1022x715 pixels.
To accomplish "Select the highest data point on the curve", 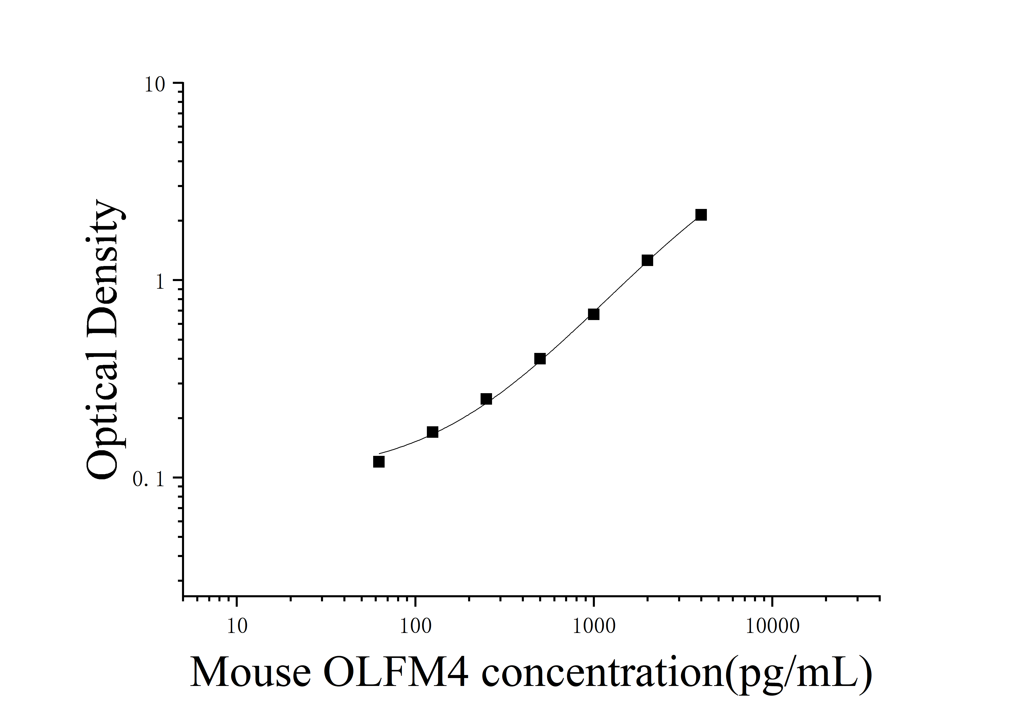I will pos(701,215).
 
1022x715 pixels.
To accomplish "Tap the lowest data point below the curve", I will pos(379,462).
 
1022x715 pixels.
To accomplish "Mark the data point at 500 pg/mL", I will pos(540,359).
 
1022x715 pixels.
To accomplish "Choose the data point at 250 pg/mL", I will pos(486,399).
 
